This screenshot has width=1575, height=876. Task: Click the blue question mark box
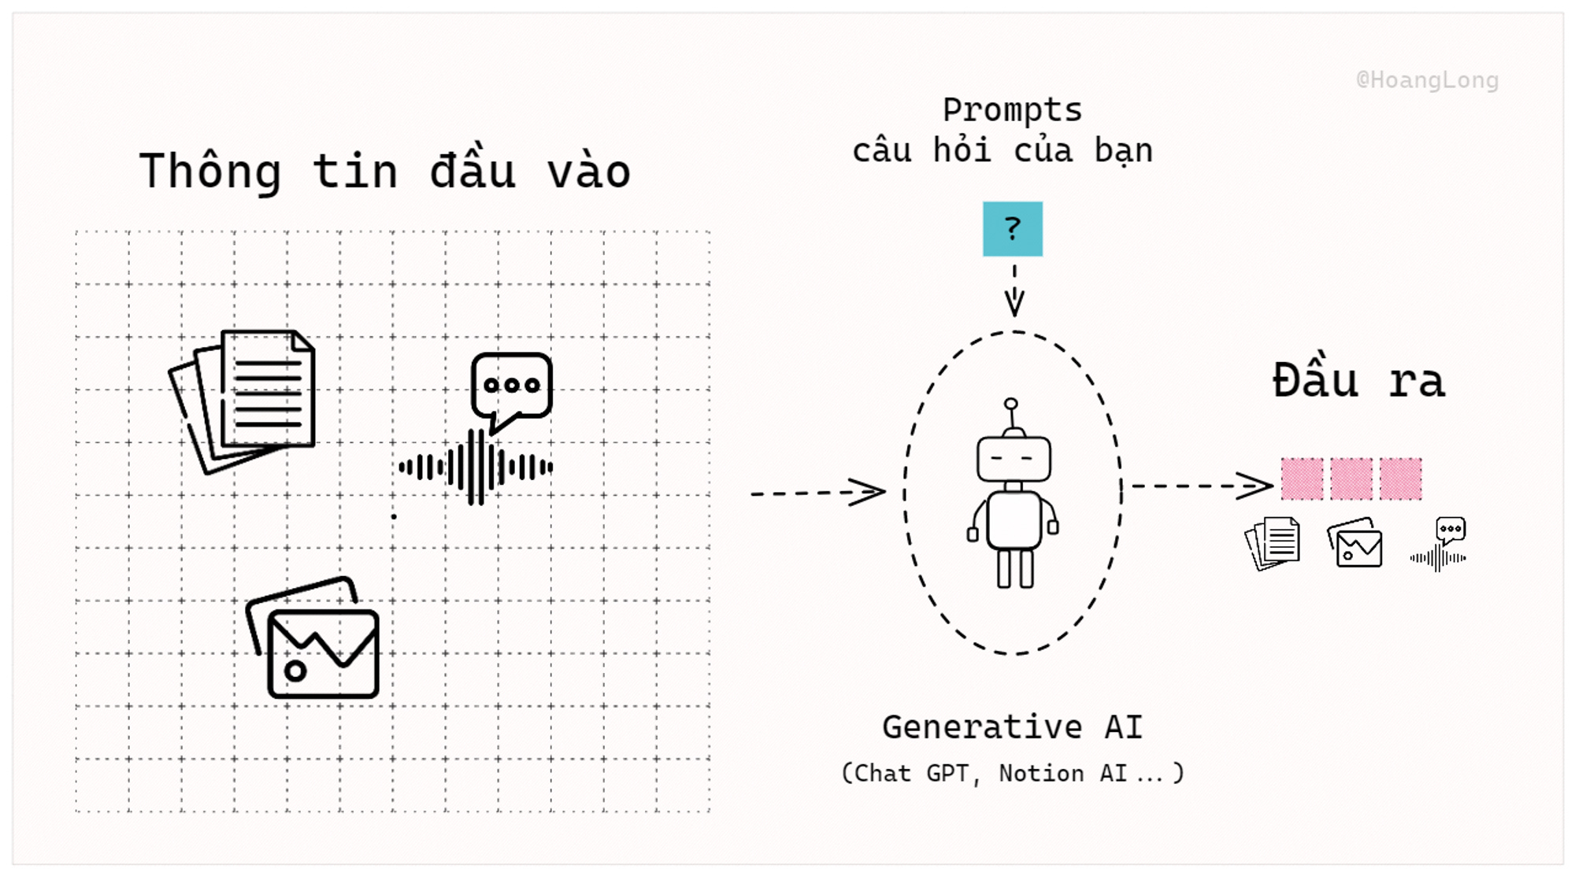click(x=1012, y=229)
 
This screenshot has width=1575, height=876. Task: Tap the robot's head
click(x=1014, y=458)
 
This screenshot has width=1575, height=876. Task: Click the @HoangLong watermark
click(x=1427, y=80)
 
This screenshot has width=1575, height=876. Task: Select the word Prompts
click(x=1012, y=110)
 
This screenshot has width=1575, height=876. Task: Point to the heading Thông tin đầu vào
click(x=385, y=172)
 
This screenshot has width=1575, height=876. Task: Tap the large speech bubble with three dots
click(x=511, y=387)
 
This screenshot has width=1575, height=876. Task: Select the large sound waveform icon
click(x=476, y=468)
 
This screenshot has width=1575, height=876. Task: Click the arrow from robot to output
click(x=1202, y=486)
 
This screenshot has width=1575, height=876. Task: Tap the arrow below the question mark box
click(x=1014, y=290)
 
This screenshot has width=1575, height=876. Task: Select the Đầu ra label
click(x=1358, y=382)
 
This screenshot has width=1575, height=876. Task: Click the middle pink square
click(x=1351, y=479)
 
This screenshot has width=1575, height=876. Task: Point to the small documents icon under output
click(x=1273, y=543)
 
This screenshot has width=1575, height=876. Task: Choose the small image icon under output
click(x=1355, y=543)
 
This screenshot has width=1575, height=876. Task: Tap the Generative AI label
click(x=1012, y=727)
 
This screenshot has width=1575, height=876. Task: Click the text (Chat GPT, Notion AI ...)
click(x=1012, y=774)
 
